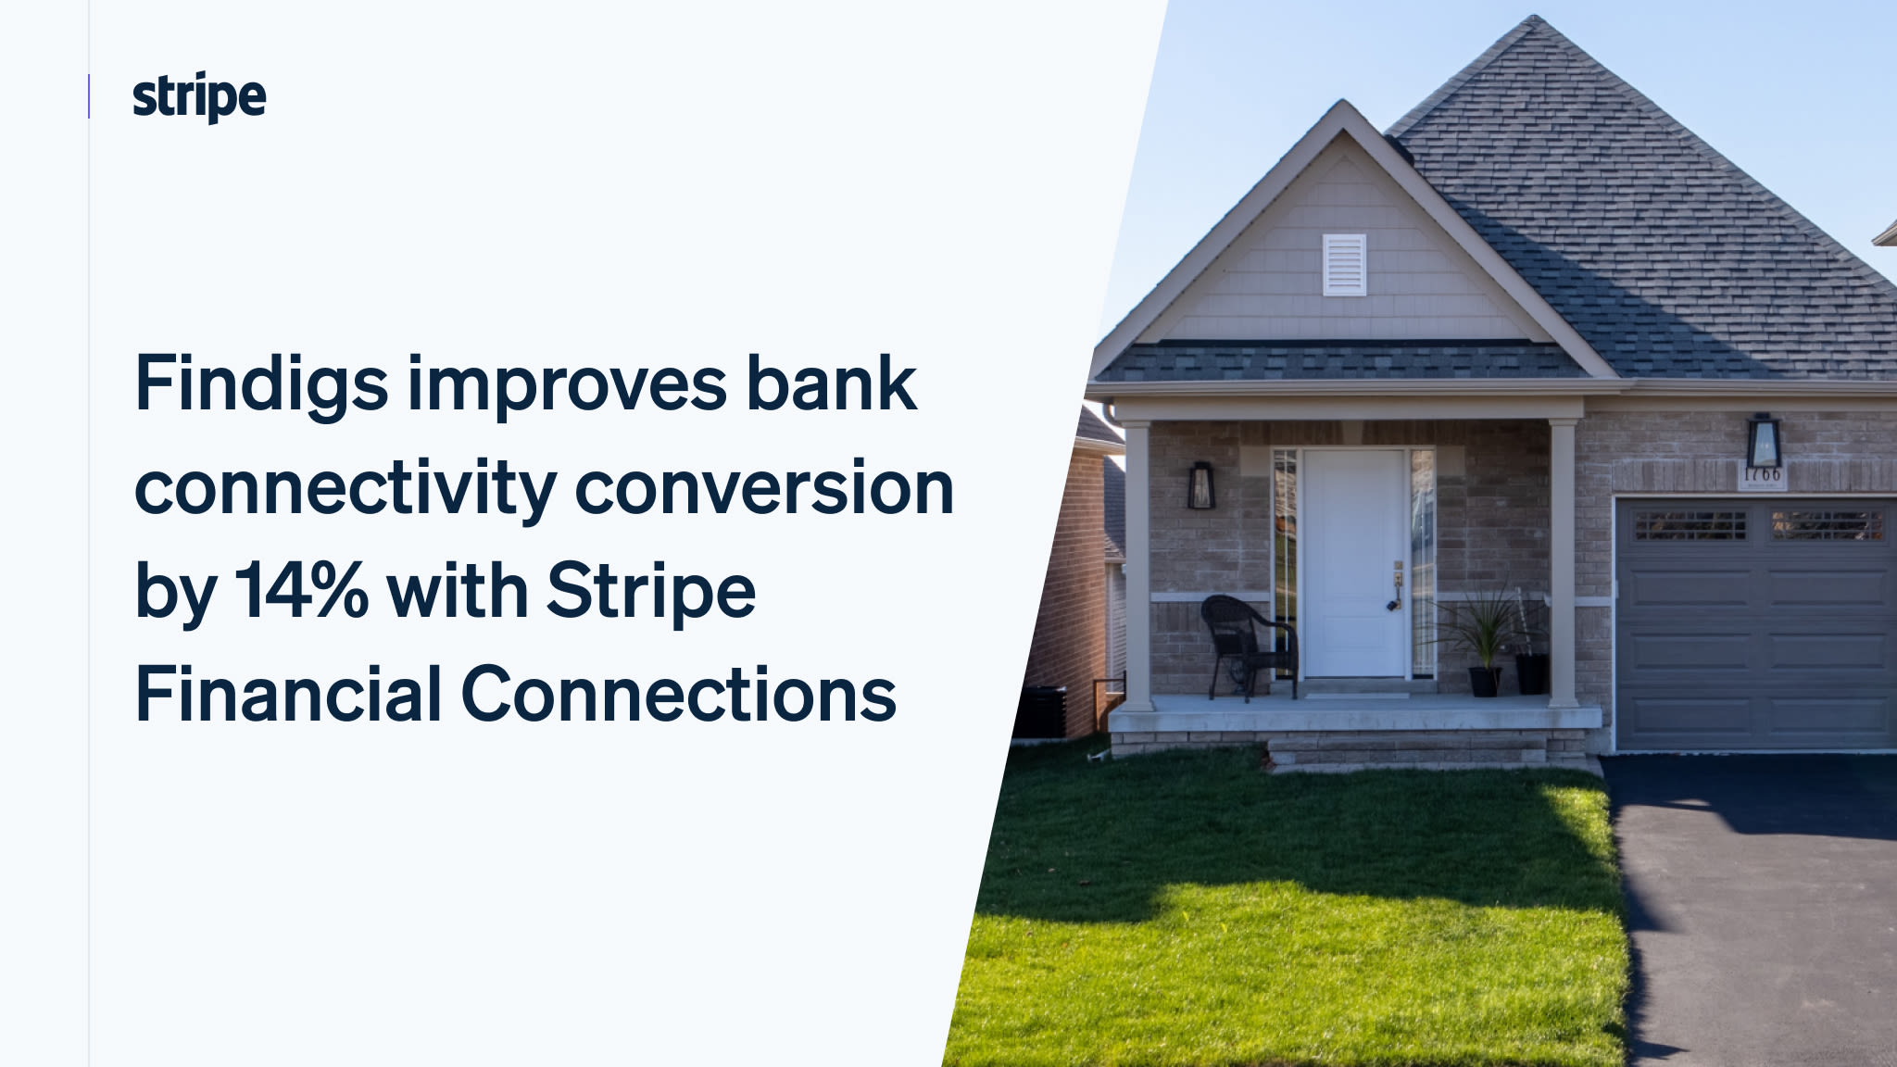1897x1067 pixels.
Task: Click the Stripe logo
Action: pos(199,97)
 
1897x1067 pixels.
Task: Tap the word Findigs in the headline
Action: pos(261,385)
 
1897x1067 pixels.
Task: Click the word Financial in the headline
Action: pos(288,695)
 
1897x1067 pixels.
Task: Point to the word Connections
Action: pos(679,695)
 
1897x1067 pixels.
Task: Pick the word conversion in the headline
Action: pos(764,488)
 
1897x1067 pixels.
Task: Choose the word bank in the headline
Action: pos(831,385)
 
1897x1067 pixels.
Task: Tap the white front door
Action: pos(1353,562)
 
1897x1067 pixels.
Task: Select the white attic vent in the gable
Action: pos(1344,265)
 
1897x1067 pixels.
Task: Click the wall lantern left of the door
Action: pos(1201,485)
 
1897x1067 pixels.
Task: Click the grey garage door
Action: pos(1755,624)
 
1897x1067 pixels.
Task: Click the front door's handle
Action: pos(1398,584)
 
